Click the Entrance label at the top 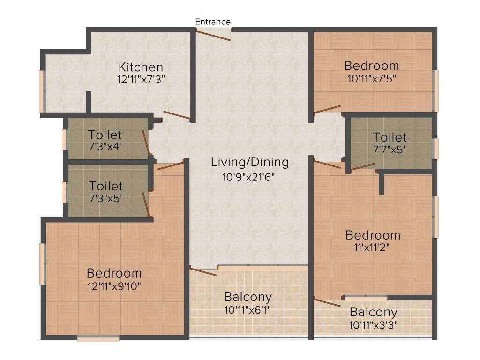point(213,22)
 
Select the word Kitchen point(141,67)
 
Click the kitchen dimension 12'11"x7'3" point(141,79)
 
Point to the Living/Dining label point(249,163)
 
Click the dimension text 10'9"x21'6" point(249,177)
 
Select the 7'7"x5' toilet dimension point(390,150)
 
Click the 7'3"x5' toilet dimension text point(105,198)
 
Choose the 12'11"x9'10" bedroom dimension point(114,285)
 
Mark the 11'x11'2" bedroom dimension point(373,248)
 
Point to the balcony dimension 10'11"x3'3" point(374,324)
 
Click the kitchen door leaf point(177,115)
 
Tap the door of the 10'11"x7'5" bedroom point(327,110)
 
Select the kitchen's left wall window point(41,91)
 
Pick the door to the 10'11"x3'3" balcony point(327,302)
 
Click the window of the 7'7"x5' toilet point(435,149)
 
